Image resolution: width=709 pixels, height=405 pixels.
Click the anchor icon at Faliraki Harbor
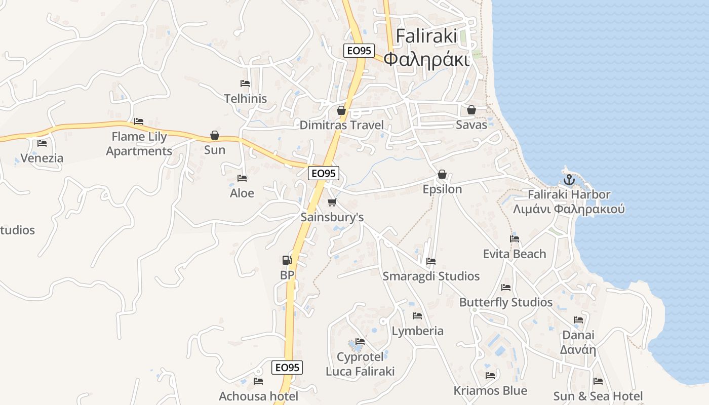click(569, 180)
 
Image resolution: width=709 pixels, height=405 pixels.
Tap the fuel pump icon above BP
click(287, 260)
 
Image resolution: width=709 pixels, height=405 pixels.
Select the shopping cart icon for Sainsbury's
click(332, 202)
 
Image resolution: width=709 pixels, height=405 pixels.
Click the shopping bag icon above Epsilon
click(442, 174)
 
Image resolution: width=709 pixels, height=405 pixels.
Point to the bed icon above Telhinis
click(245, 84)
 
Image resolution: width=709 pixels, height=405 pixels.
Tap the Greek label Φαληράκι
click(426, 59)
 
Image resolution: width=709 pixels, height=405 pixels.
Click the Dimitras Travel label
click(341, 125)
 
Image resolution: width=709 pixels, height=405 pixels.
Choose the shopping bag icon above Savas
click(471, 110)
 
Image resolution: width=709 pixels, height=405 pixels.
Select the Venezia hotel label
click(42, 158)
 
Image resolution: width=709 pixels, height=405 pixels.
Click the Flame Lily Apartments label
click(139, 144)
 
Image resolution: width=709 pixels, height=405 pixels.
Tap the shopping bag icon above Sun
click(215, 136)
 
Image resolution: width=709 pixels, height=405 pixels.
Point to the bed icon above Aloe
click(242, 178)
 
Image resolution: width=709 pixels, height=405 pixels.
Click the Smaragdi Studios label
click(431, 276)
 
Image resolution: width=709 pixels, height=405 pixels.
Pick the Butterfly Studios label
click(505, 302)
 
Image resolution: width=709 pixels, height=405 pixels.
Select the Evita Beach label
click(515, 254)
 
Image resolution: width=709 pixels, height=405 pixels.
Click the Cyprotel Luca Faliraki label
click(360, 364)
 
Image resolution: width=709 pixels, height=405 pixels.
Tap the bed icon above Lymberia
click(417, 316)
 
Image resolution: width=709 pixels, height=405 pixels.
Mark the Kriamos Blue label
click(490, 391)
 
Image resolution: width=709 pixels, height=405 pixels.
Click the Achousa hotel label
click(258, 396)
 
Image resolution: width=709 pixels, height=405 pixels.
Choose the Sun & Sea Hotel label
click(598, 396)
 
